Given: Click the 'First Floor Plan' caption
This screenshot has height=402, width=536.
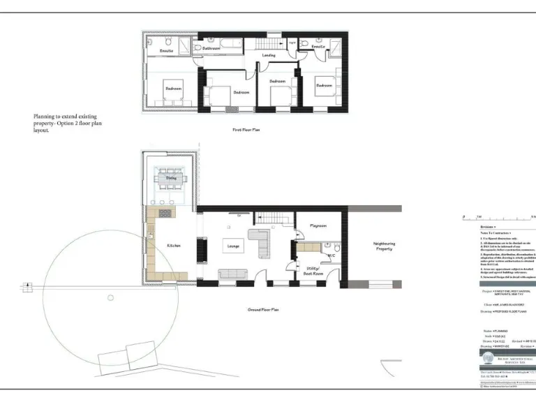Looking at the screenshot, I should [246, 130].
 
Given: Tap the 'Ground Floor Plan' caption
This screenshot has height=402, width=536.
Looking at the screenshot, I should [264, 309].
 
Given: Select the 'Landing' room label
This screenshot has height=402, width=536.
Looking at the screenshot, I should [269, 55].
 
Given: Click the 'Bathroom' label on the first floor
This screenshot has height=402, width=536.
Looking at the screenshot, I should [211, 48].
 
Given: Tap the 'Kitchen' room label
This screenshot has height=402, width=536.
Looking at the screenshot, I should [174, 246].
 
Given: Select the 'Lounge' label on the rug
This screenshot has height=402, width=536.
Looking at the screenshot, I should [232, 246].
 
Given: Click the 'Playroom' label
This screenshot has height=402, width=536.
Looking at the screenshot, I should [318, 226].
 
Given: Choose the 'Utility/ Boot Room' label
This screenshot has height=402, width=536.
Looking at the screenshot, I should [313, 271].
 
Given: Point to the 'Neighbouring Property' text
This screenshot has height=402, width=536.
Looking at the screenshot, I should [384, 246].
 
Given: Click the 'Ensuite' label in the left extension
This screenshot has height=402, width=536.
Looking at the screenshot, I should [166, 51].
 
